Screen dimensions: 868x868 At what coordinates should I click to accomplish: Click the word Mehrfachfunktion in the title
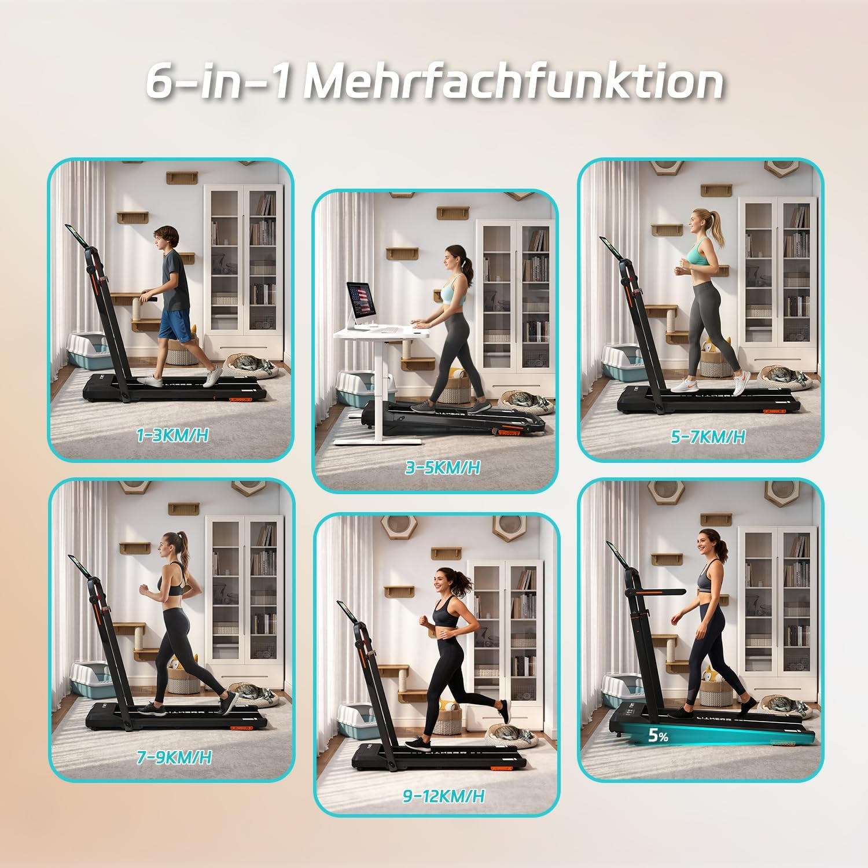tap(514, 82)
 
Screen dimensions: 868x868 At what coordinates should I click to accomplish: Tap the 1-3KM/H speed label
tap(172, 435)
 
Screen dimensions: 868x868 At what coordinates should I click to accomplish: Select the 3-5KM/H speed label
tap(443, 467)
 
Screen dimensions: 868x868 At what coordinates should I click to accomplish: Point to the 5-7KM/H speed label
tap(708, 436)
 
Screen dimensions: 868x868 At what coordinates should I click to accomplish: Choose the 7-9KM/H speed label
tap(174, 757)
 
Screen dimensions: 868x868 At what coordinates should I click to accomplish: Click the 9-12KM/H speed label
tap(444, 796)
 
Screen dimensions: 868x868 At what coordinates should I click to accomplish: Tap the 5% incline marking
tap(658, 736)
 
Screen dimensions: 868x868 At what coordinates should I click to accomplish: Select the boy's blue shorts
tap(174, 325)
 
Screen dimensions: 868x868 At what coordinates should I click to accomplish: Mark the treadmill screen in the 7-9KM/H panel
tap(78, 567)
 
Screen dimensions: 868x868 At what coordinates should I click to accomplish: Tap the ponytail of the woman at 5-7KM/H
tap(719, 227)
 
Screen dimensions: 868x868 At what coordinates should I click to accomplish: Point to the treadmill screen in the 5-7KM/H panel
tap(609, 247)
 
